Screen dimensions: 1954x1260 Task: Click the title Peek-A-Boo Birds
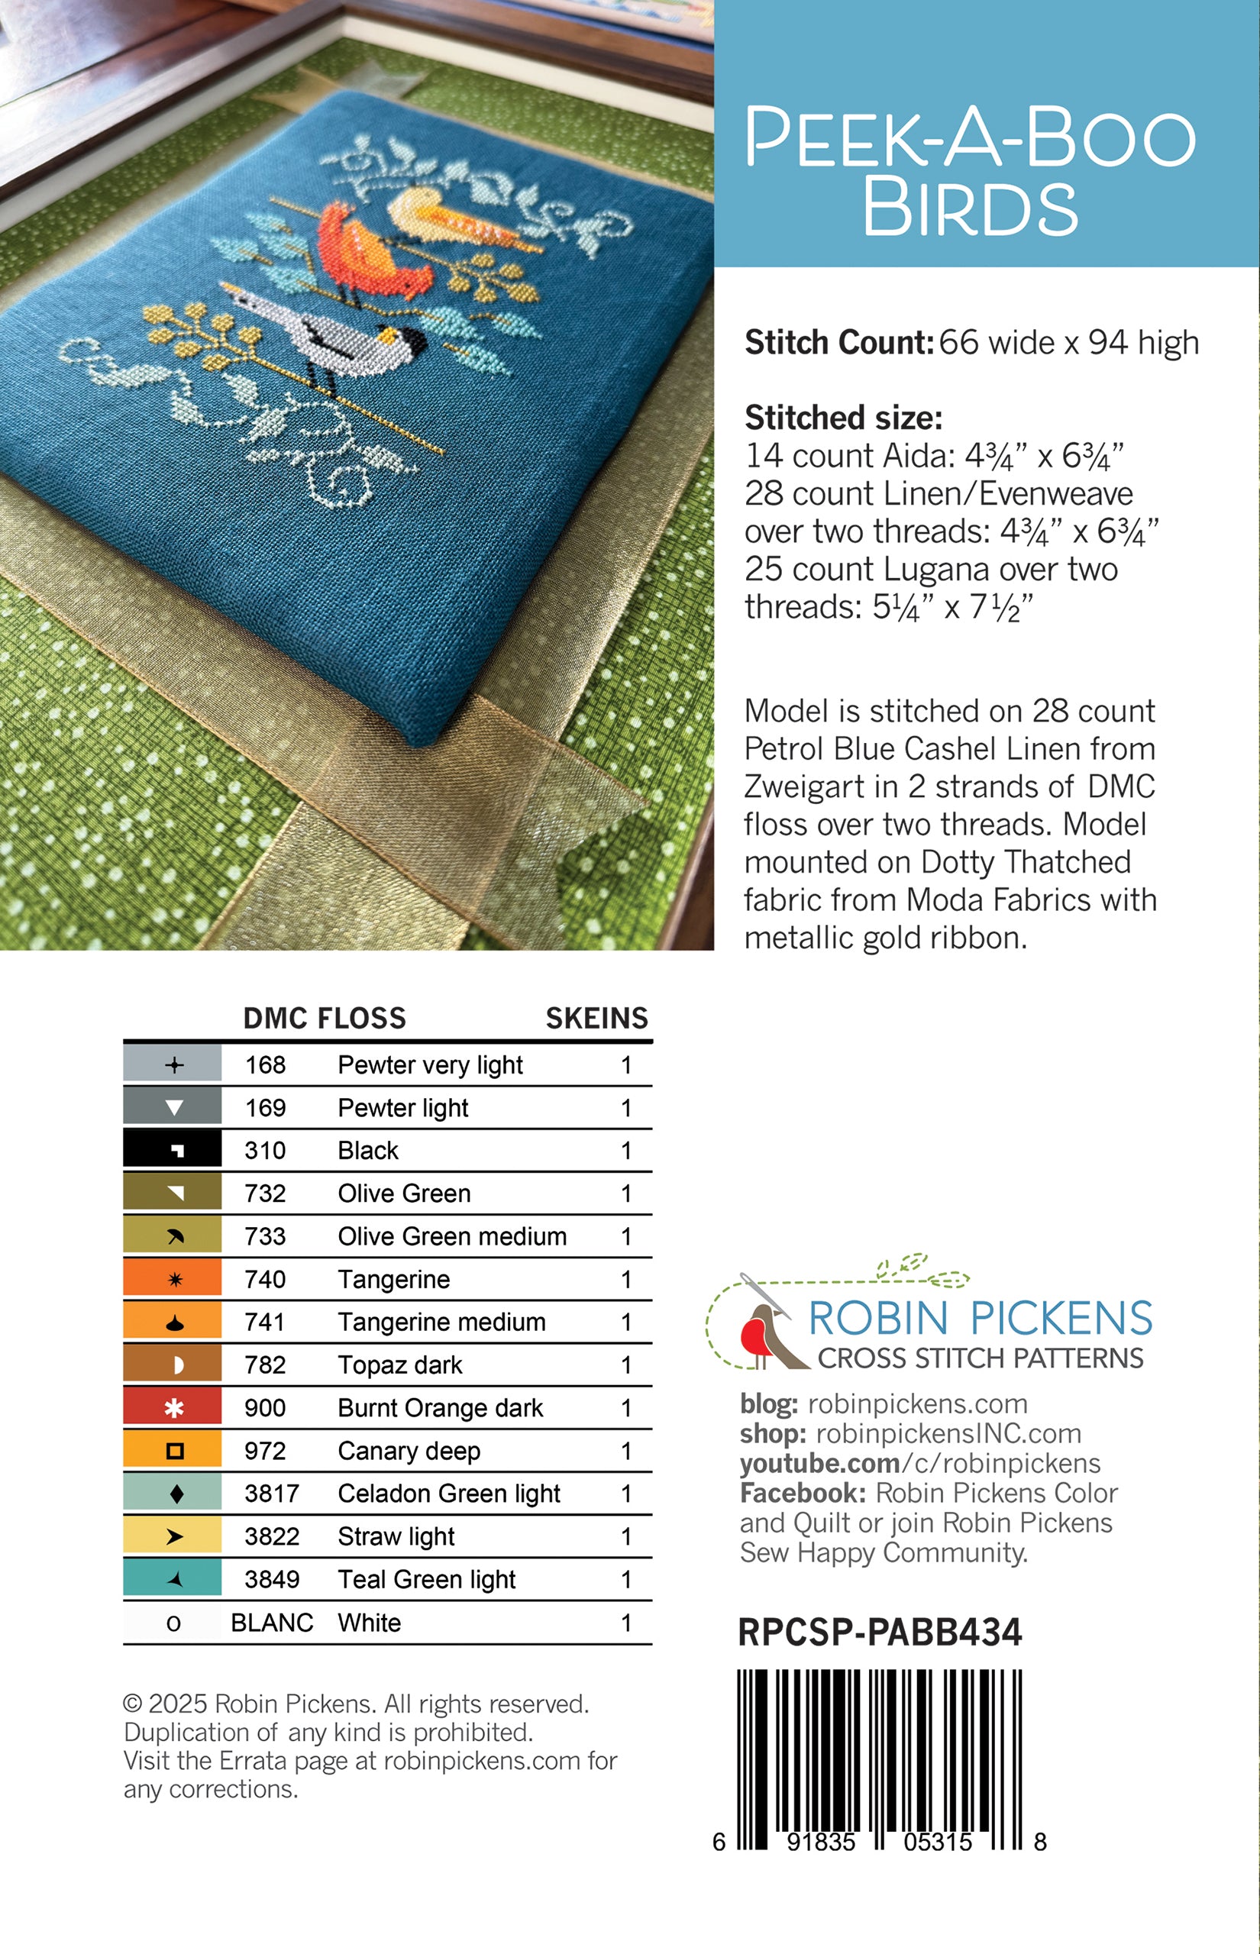[x=970, y=171]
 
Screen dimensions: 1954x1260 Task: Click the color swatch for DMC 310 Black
[x=173, y=1150]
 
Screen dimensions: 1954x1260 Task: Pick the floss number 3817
[x=272, y=1494]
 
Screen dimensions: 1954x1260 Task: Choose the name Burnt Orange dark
[x=440, y=1407]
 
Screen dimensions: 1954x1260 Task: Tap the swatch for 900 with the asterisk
[x=173, y=1407]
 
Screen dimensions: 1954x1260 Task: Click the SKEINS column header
[x=596, y=1019]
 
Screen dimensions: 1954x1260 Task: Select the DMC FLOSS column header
[x=325, y=1019]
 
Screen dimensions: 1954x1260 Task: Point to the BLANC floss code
[x=272, y=1623]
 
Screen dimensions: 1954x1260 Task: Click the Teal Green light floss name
[x=426, y=1579]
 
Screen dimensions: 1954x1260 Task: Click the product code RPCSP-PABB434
[x=880, y=1633]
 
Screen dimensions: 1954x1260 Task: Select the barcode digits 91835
[x=821, y=1843]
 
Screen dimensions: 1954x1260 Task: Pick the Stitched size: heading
[x=844, y=418]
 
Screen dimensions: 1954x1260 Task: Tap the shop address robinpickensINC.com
[x=948, y=1434]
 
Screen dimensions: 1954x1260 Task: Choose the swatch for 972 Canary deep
[x=173, y=1451]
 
